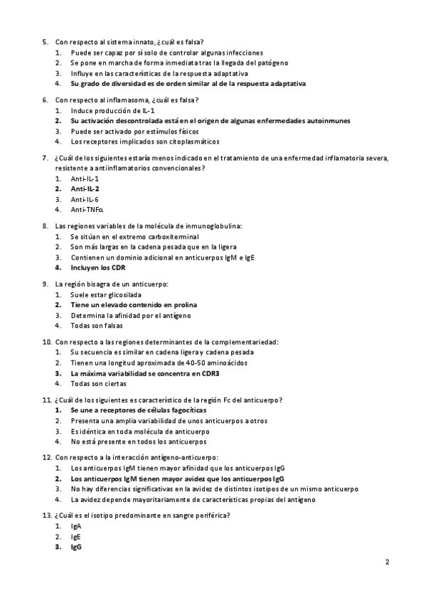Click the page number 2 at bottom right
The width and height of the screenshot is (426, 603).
tap(388, 562)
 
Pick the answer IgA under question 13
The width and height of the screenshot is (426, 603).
tap(76, 526)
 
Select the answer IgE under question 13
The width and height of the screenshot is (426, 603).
tap(76, 537)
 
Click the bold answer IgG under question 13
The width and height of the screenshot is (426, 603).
tap(76, 548)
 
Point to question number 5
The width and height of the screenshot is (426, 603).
tap(45, 43)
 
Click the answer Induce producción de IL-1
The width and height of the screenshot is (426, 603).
tap(112, 111)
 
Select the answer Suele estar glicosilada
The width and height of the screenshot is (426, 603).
tap(106, 294)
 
